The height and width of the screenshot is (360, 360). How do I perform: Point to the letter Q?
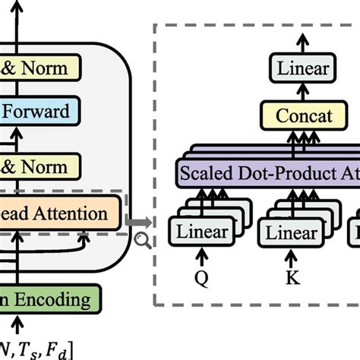201,276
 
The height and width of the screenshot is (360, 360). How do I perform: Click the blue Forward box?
46,112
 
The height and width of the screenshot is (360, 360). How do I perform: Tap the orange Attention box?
57,213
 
